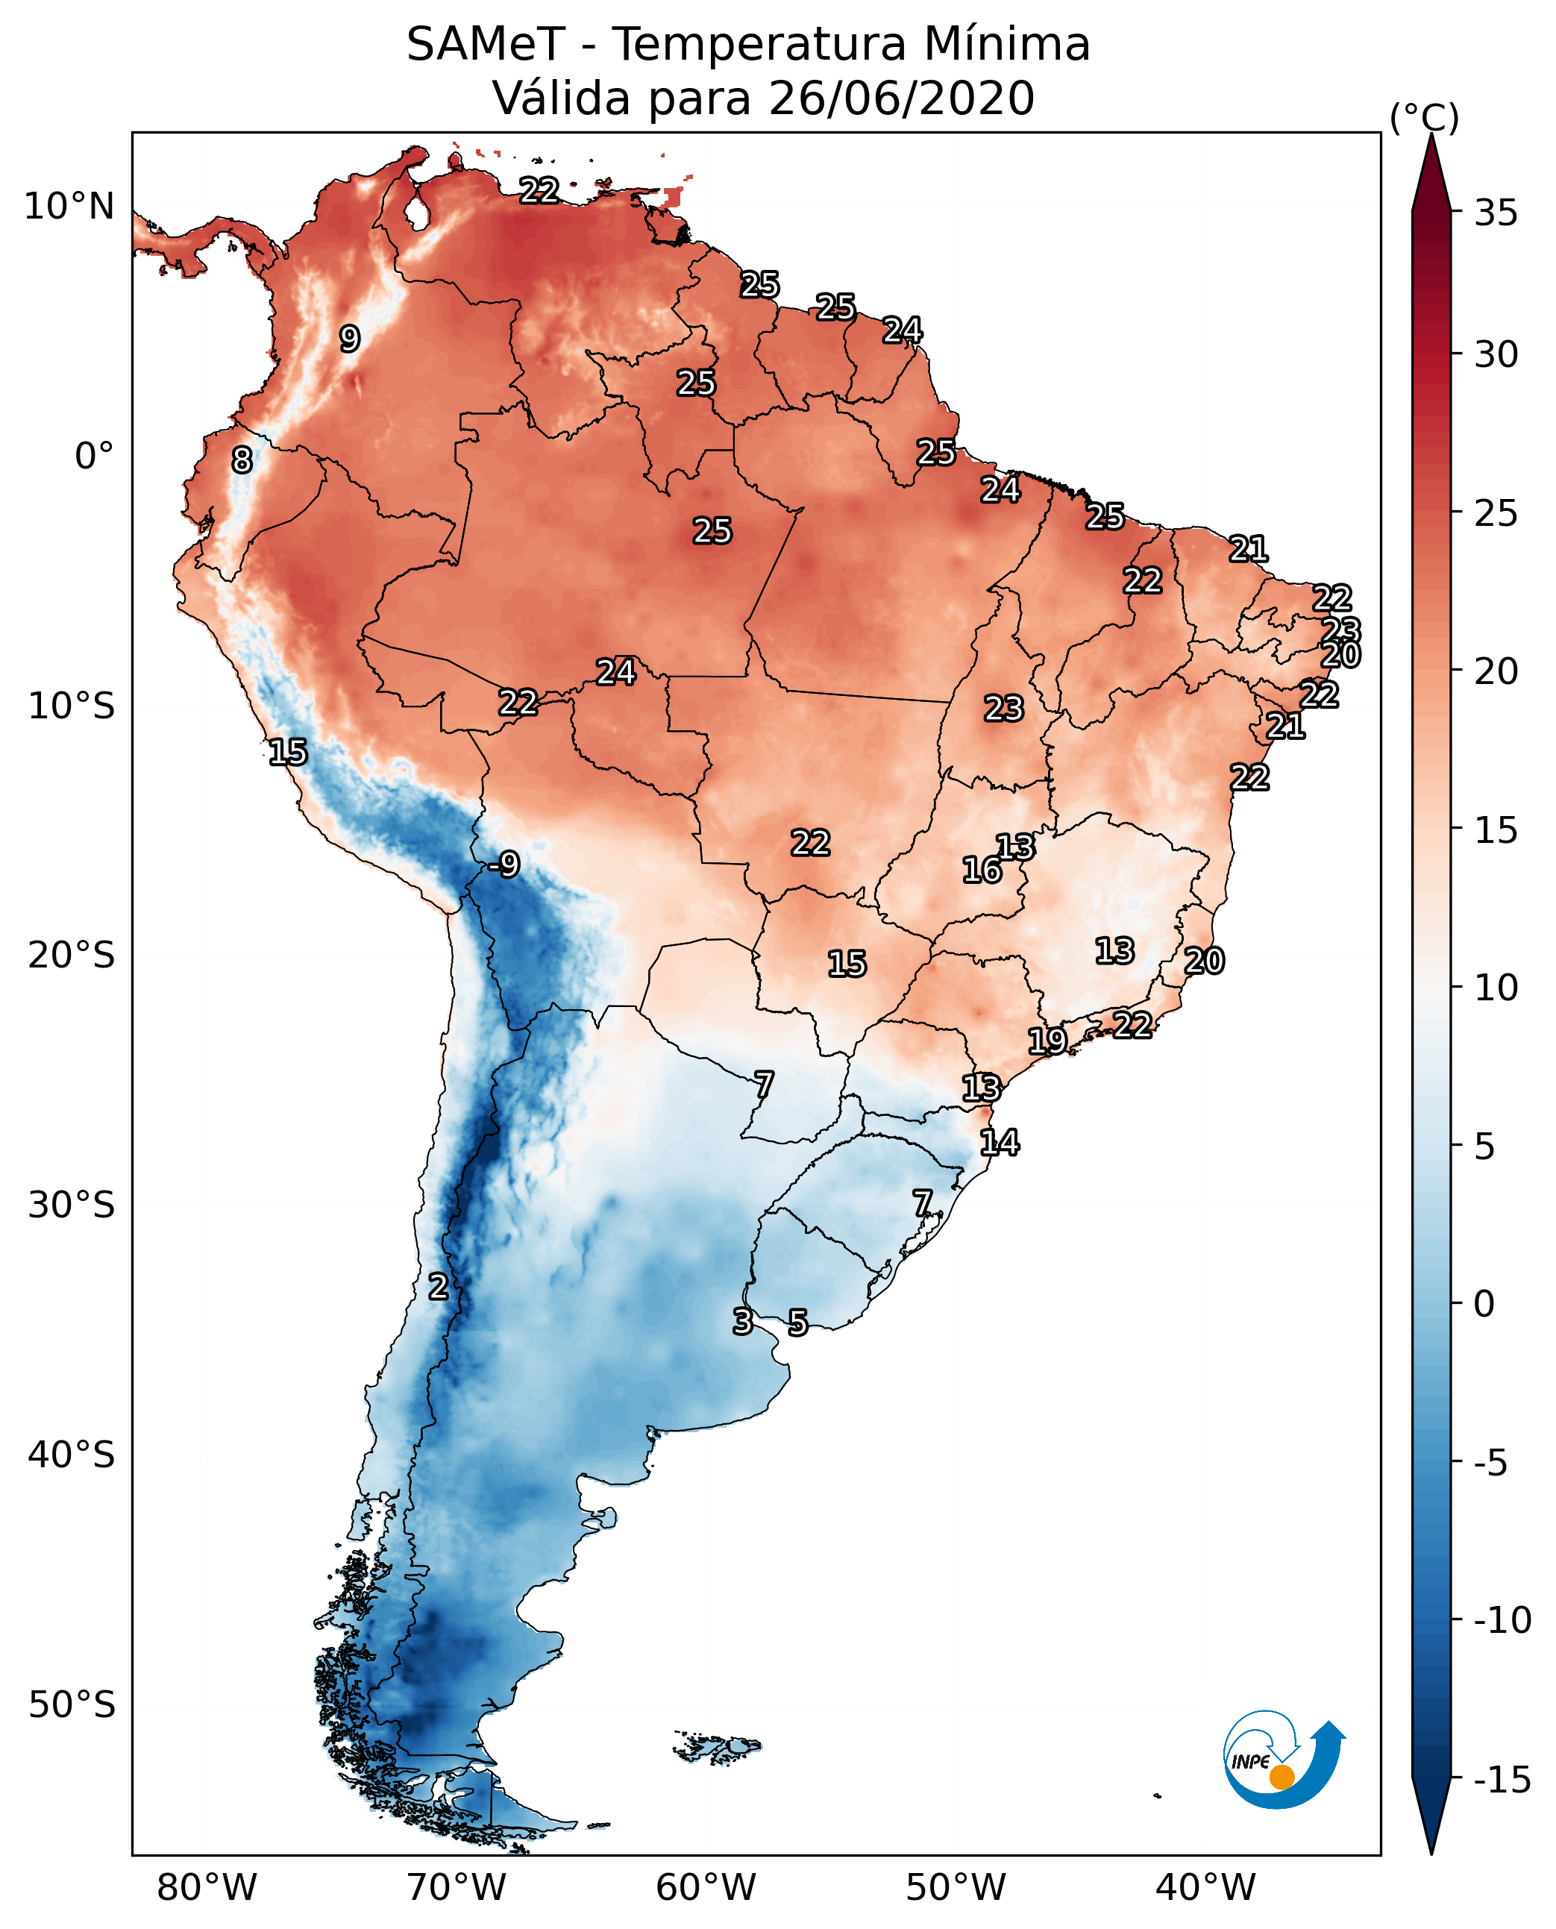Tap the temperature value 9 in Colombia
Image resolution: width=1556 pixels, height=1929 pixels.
[350, 339]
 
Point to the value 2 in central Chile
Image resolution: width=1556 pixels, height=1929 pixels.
[437, 1286]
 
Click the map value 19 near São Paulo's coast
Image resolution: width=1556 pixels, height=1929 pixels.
[1047, 1041]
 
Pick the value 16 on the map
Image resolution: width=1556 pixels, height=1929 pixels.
[982, 870]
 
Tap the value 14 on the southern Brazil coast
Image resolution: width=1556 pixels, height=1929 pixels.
[1000, 1143]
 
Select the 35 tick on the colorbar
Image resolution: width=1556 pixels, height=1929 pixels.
[1496, 213]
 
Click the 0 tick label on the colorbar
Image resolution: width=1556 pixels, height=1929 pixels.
[1484, 1303]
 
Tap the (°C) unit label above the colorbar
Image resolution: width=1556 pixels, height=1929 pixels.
[1424, 117]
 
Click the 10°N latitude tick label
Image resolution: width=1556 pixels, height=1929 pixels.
[69, 207]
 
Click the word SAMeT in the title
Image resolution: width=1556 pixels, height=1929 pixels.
[485, 45]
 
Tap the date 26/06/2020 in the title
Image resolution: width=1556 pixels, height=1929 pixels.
[902, 98]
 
